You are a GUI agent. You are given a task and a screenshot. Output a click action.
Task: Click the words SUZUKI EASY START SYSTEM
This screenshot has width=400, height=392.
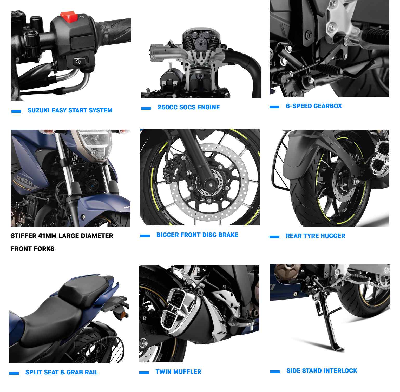(70, 110)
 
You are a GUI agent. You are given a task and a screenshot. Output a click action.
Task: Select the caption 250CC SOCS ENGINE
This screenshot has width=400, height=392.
(189, 107)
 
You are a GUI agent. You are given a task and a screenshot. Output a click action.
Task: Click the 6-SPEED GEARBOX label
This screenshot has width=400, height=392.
(314, 106)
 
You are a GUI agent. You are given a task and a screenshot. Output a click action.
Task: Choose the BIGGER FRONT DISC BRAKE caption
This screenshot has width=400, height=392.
(197, 235)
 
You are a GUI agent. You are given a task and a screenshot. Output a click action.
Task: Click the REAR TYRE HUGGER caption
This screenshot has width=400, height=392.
(316, 236)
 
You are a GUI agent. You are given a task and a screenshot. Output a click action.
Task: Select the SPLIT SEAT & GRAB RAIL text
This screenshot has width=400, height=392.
(62, 372)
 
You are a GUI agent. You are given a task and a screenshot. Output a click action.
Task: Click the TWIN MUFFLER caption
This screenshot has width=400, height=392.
(178, 372)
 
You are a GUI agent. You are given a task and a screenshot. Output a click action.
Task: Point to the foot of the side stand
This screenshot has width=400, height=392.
(337, 347)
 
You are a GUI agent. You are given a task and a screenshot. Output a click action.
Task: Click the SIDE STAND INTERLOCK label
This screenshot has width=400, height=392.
(322, 371)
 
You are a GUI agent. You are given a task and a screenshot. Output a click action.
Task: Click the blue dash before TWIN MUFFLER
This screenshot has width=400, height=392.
(144, 373)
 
